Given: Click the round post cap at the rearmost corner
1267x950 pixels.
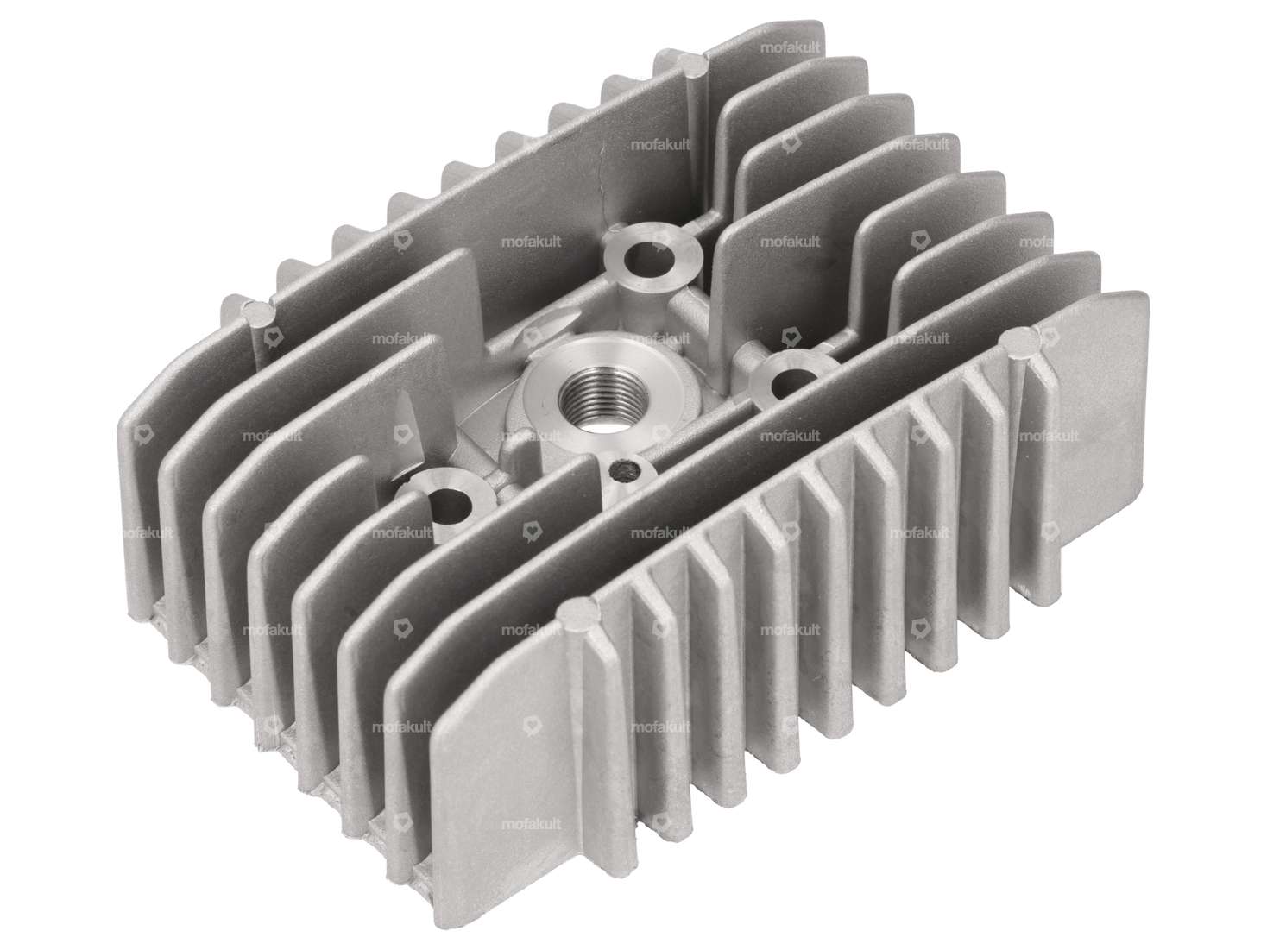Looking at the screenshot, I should pos(695,61).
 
